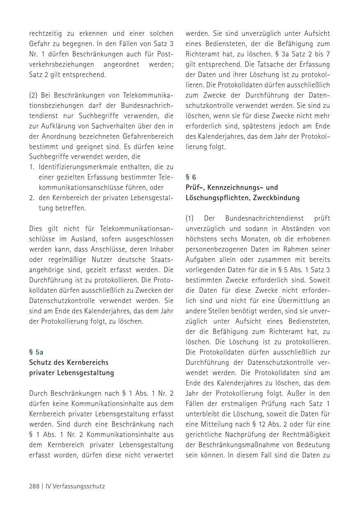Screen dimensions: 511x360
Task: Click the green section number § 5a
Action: coord(36,352)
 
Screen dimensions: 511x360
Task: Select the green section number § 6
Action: coord(191,177)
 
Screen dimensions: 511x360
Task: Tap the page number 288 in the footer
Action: coord(34,486)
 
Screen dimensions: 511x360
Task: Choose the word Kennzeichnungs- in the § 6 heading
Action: coord(232,188)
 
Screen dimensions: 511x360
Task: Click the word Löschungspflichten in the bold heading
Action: coord(216,198)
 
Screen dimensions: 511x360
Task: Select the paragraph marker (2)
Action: coord(34,96)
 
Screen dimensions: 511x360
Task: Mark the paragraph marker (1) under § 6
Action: coord(190,218)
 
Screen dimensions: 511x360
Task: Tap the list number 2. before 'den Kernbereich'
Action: coord(32,198)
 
